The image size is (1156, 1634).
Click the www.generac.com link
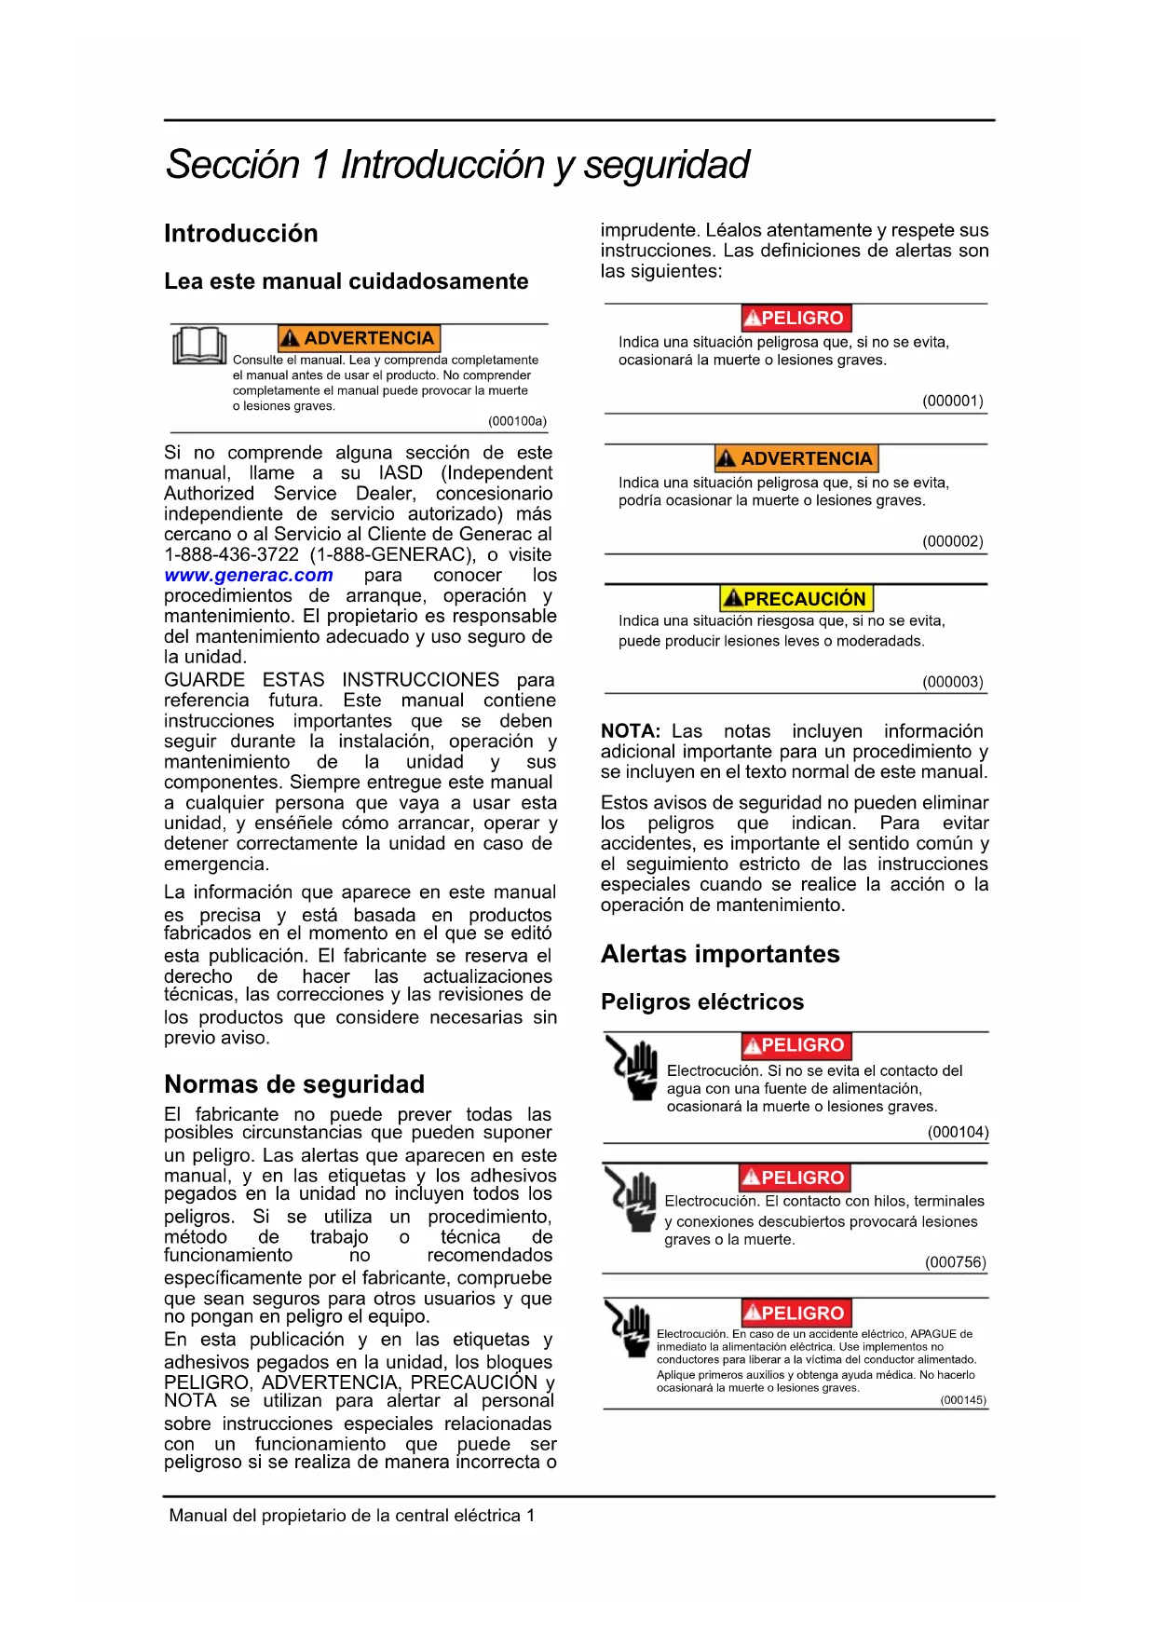(248, 576)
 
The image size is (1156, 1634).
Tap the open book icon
(199, 346)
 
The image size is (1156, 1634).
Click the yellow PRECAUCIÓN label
(796, 598)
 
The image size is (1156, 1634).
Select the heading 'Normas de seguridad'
(294, 1084)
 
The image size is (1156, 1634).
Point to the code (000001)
(952, 401)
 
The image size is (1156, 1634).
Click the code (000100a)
(517, 421)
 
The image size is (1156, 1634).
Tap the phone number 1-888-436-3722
(231, 555)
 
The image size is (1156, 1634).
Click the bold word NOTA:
(630, 731)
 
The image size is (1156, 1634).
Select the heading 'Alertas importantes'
(720, 954)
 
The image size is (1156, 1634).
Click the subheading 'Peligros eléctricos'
(702, 1001)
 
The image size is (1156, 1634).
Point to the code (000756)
(955, 1262)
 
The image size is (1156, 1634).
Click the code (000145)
(962, 1400)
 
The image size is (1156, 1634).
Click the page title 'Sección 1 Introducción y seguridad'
(457, 165)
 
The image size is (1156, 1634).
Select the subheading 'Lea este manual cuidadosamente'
(346, 281)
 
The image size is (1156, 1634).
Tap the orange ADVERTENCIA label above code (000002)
(796, 458)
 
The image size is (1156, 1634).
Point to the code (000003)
(952, 682)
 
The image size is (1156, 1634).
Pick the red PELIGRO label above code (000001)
(796, 318)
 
